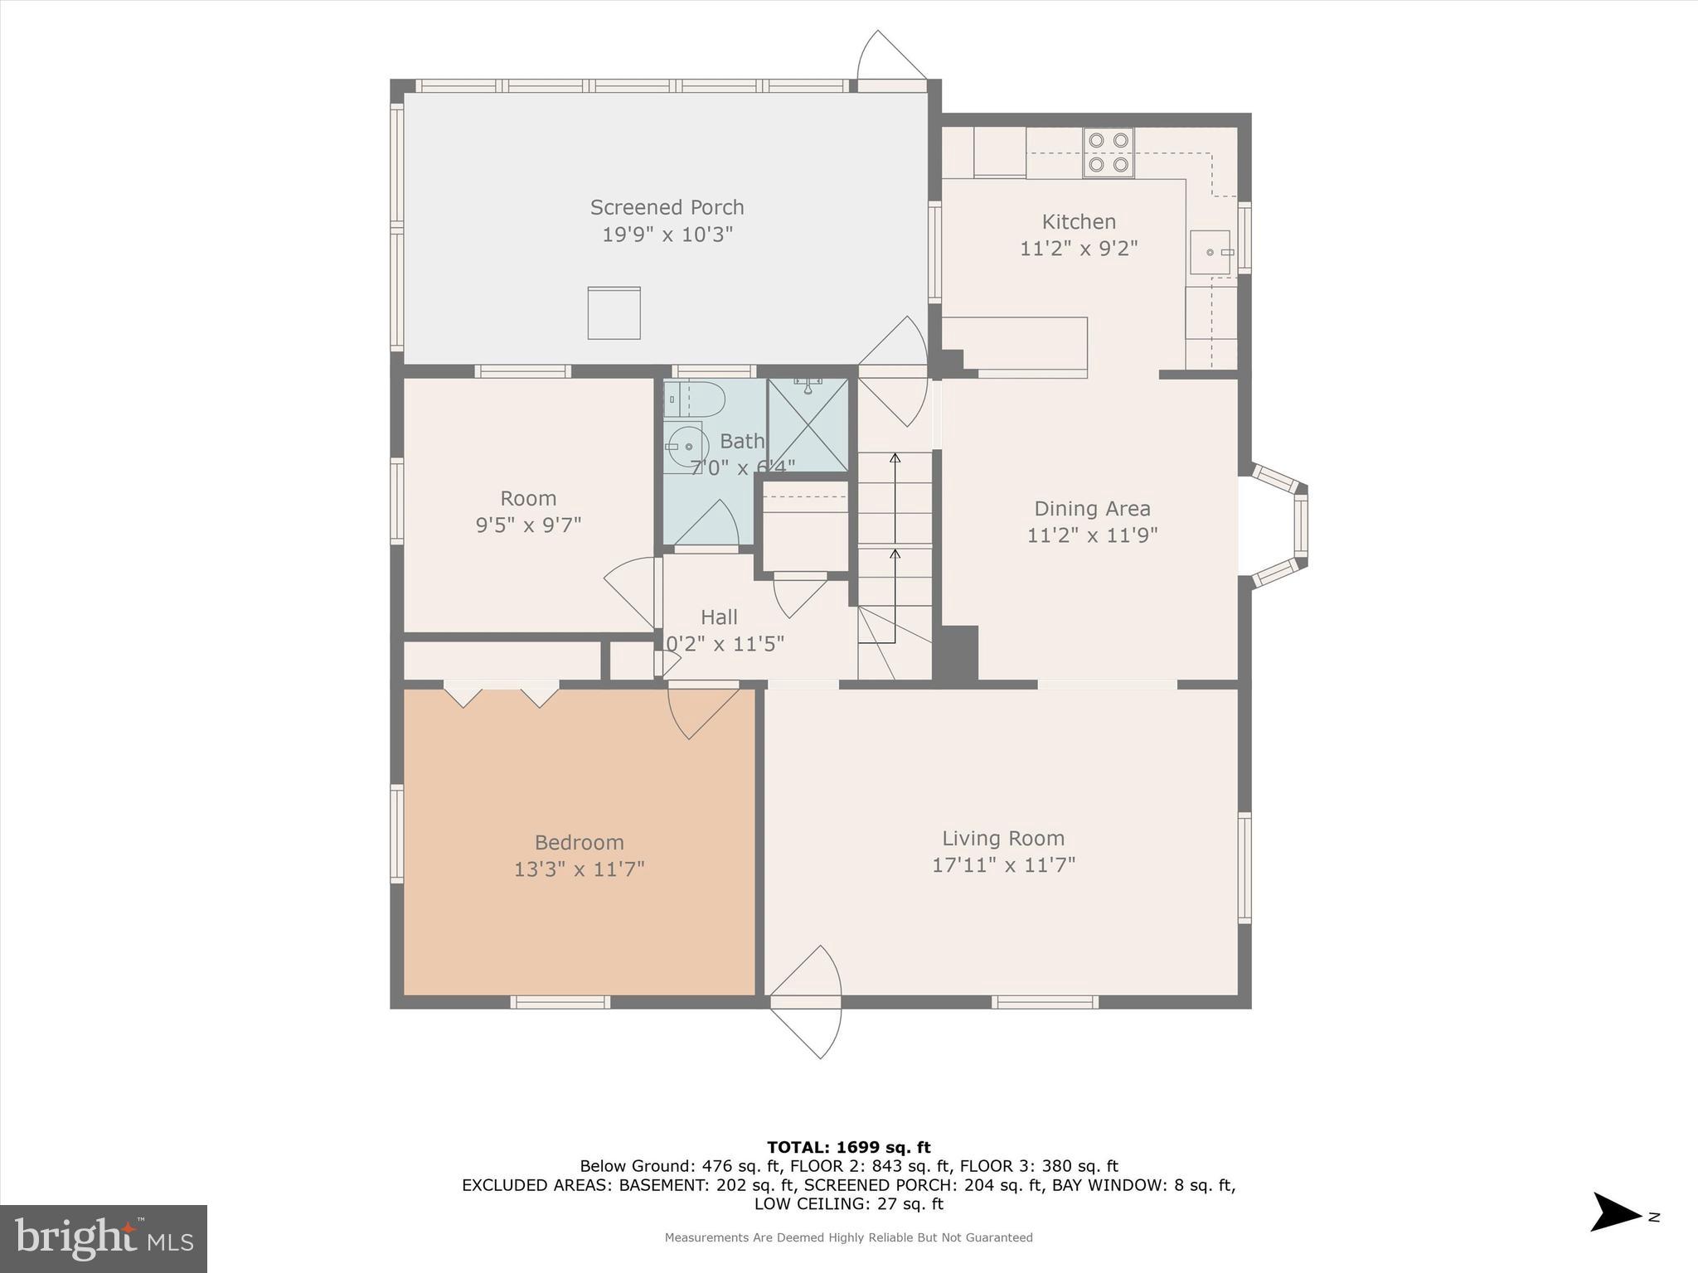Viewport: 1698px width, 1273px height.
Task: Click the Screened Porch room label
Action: [667, 207]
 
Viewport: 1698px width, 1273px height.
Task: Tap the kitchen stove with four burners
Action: [1109, 152]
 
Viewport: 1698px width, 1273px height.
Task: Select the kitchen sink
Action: [1211, 252]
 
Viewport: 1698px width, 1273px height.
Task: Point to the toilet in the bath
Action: [695, 399]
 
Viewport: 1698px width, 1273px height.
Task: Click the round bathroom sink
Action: [686, 447]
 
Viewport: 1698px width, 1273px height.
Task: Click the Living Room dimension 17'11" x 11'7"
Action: [1003, 865]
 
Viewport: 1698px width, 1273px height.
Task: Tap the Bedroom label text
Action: [579, 843]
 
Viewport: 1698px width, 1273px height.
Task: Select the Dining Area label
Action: [1092, 509]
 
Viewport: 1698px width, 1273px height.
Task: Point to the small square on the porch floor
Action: [614, 313]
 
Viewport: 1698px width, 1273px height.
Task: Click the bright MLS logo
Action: [104, 1238]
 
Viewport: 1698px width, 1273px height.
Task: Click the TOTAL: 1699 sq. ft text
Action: [848, 1148]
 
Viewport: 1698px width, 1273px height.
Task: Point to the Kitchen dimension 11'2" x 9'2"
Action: [1078, 249]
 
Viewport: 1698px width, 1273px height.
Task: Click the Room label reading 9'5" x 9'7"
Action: [528, 525]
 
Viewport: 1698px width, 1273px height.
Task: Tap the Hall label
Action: [719, 617]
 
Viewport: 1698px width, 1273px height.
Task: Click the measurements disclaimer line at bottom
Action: [848, 1238]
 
